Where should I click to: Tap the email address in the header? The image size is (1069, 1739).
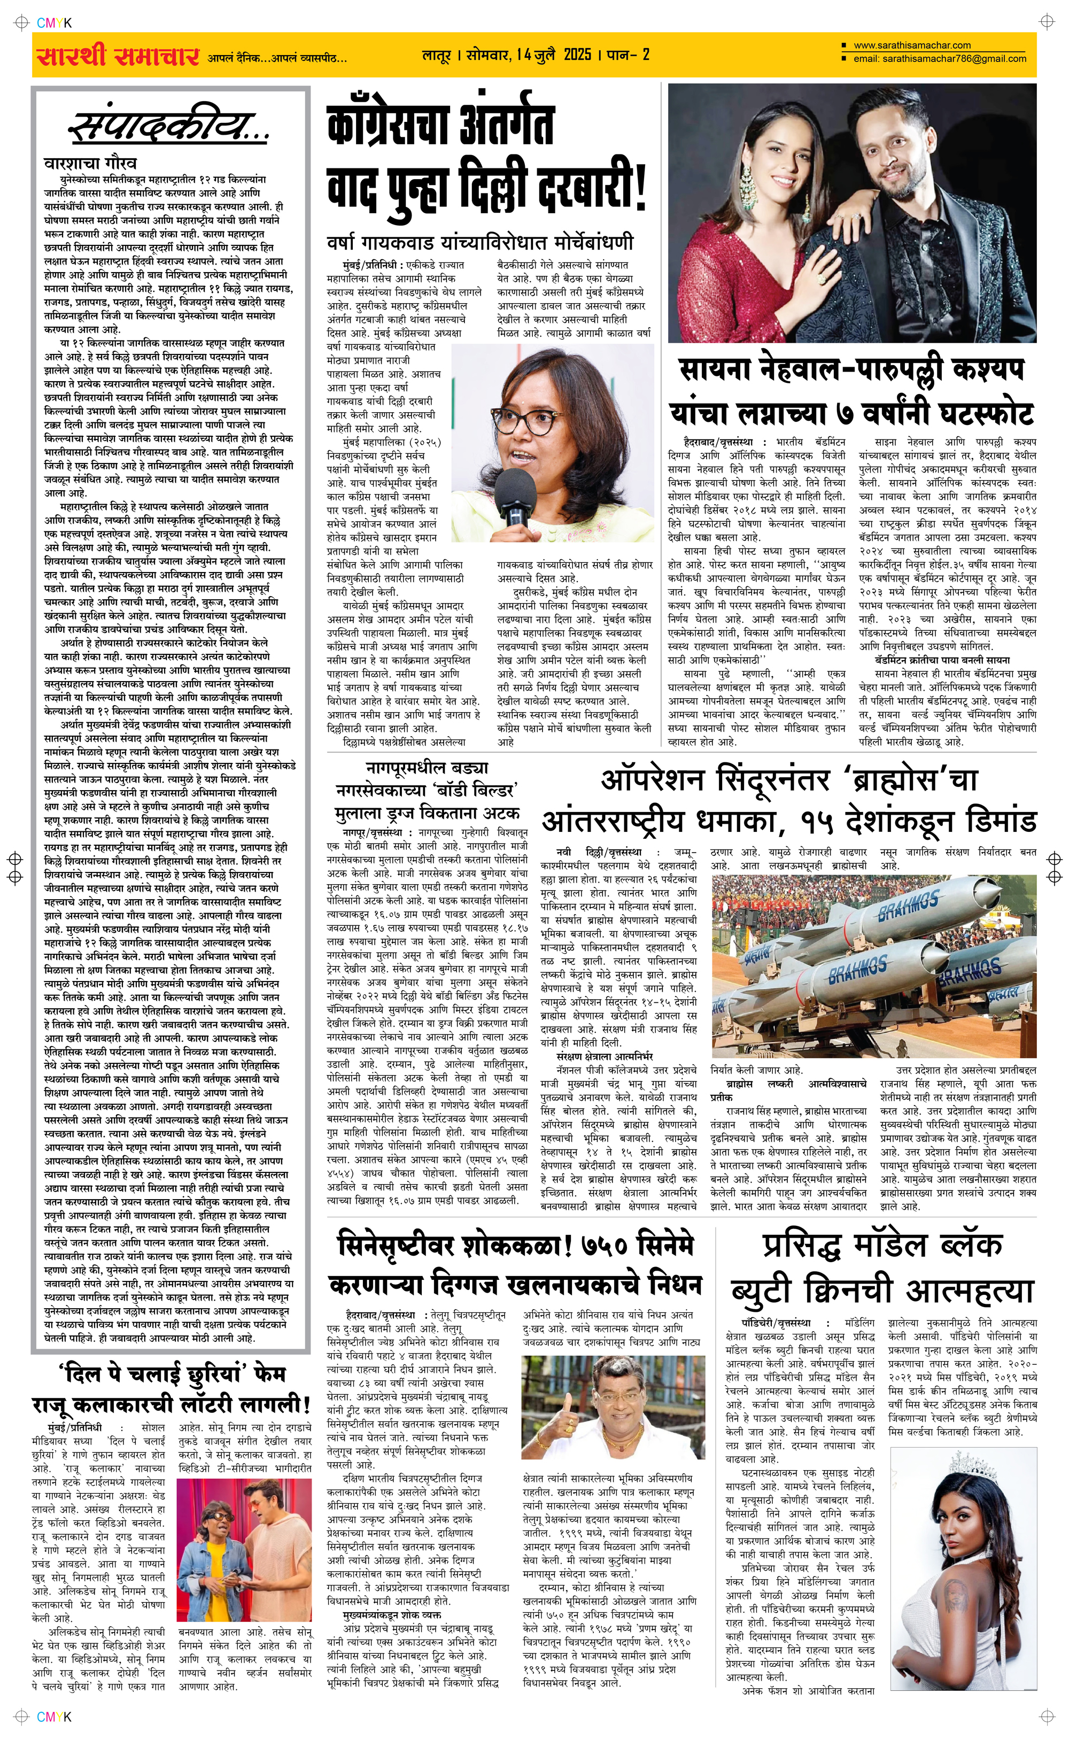pyautogui.click(x=940, y=59)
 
